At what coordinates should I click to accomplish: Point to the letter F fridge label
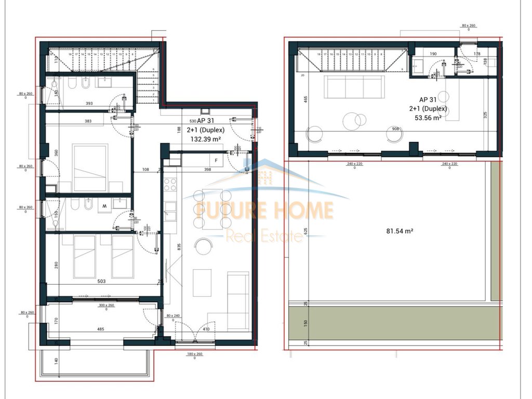coord(216,161)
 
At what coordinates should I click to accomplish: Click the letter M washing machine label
coord(104,206)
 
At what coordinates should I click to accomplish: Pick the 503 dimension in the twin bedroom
coord(101,281)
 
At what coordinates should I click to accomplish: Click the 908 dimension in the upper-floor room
coord(395,129)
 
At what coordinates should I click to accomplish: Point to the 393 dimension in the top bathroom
coord(89,103)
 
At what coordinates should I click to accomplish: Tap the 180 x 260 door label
coord(195,355)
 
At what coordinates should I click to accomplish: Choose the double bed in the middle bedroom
coord(90,168)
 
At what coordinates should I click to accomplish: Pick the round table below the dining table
coord(203,246)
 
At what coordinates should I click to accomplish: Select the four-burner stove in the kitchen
coord(170,184)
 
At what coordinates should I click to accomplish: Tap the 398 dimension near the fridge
coord(208,169)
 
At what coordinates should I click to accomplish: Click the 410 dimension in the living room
coord(206,329)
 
